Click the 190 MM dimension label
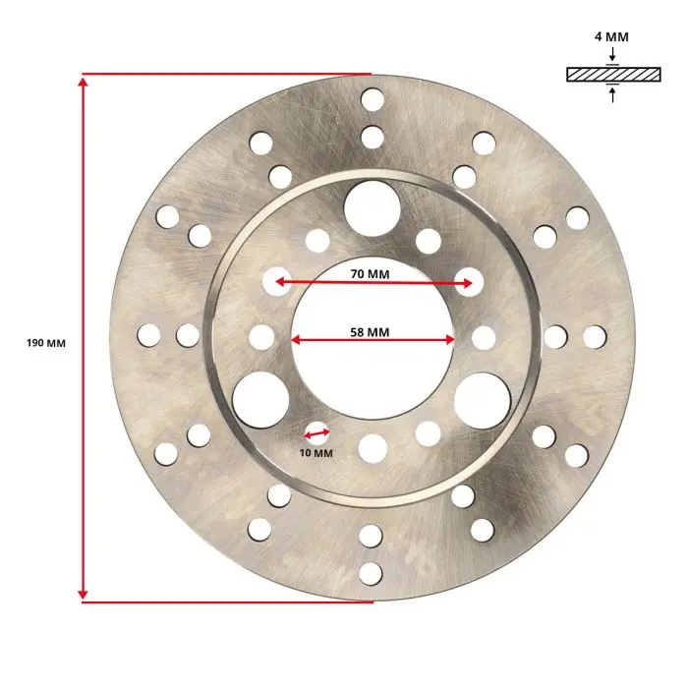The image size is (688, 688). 46,343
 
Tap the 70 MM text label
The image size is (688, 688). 370,274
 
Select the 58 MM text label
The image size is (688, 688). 370,332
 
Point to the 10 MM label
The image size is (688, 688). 315,453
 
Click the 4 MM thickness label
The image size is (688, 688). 611,37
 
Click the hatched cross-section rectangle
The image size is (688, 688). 613,75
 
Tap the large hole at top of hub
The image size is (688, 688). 373,208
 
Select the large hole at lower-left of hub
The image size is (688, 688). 260,400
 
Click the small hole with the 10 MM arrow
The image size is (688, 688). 317,434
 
